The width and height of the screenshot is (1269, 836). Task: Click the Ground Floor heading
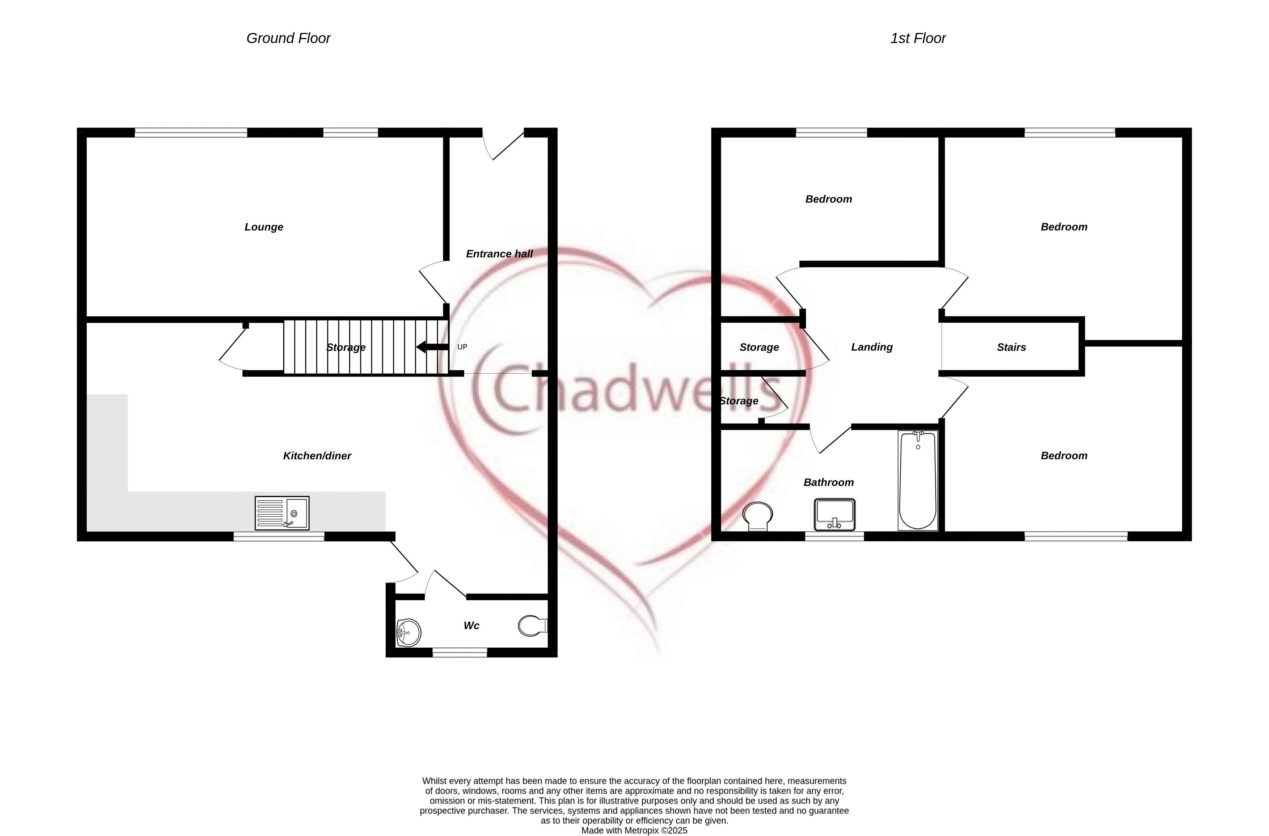[x=288, y=38]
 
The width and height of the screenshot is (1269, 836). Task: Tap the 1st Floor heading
[x=918, y=38]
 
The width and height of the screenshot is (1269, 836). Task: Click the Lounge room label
[x=264, y=227]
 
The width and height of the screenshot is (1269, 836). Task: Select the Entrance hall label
[x=499, y=254]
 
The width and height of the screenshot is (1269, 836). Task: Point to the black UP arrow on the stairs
[x=432, y=347]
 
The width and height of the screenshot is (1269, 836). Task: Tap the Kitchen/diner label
[x=317, y=455]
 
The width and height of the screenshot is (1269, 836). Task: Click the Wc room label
[x=471, y=626]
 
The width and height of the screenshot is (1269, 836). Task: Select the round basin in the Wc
[x=409, y=633]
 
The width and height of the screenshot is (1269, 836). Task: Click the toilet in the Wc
[x=533, y=626]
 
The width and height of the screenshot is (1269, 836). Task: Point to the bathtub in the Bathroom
[x=918, y=481]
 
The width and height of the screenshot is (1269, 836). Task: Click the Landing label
[x=872, y=347]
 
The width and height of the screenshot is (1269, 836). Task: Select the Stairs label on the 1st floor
[x=1011, y=347]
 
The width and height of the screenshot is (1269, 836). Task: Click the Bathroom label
[x=829, y=482]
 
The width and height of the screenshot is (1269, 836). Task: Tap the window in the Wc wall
[x=460, y=652]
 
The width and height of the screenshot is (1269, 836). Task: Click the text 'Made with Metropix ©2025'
[x=634, y=831]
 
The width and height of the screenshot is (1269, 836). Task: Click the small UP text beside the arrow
[x=462, y=347]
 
